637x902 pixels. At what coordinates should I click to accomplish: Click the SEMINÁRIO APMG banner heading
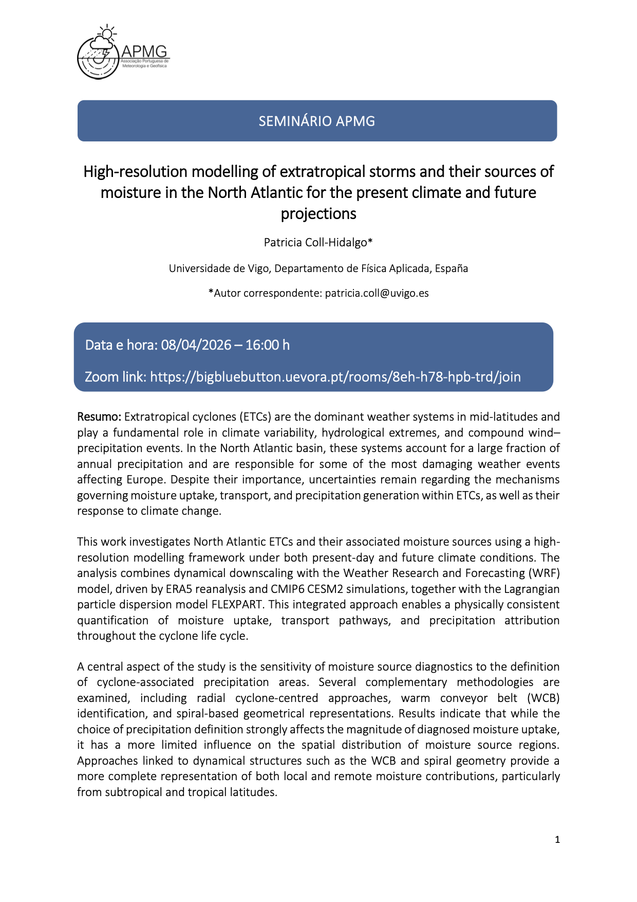point(317,121)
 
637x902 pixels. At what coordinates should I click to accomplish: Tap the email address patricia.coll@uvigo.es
point(377,293)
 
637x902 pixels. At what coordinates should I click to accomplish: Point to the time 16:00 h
point(267,345)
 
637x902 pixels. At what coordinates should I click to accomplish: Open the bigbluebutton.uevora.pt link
point(335,377)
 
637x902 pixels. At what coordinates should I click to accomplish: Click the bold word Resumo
point(99,417)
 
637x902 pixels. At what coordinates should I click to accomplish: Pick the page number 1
point(557,840)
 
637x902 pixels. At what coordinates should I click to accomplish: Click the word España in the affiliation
point(452,268)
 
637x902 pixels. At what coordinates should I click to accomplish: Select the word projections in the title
point(318,214)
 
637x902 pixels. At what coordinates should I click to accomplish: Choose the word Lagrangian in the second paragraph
point(532,589)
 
